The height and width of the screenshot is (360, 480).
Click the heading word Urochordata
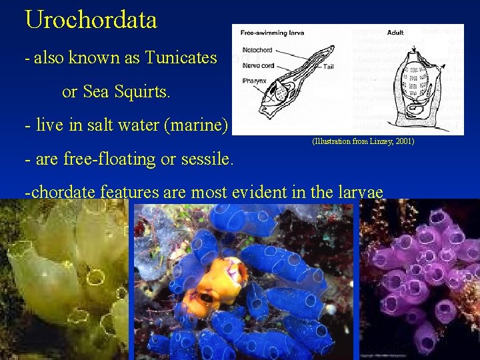point(91,19)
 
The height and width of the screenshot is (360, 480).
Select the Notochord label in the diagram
point(256,49)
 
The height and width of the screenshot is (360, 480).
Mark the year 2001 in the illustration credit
point(403,142)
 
